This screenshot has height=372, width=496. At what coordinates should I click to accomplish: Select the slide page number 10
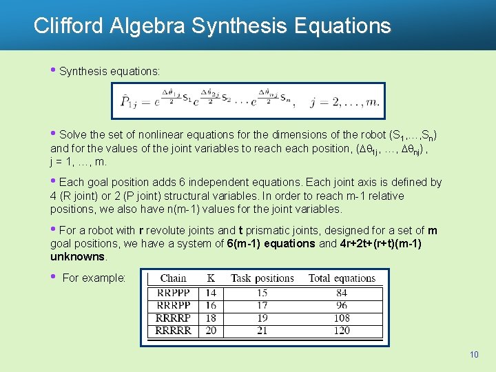point(474,355)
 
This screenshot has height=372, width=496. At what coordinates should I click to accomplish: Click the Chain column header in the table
point(173,278)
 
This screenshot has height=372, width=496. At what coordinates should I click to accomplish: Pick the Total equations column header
point(342,278)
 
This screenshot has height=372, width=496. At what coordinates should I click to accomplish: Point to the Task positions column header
point(262,278)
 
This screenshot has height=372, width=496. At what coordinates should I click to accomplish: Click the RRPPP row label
point(173,293)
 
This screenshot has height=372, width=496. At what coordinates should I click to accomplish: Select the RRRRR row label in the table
point(174,331)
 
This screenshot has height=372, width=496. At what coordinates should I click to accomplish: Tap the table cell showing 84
point(342,293)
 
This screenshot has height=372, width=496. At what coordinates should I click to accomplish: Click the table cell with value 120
point(342,331)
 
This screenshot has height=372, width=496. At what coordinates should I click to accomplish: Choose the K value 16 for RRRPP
point(211,305)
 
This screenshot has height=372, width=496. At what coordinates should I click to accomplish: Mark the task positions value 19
point(262,318)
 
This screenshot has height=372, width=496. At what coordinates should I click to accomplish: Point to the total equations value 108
point(342,318)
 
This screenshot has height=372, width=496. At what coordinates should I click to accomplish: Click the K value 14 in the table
point(211,293)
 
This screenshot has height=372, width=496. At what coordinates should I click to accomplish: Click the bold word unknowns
point(78,256)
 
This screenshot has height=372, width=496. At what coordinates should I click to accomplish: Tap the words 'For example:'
point(94,278)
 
